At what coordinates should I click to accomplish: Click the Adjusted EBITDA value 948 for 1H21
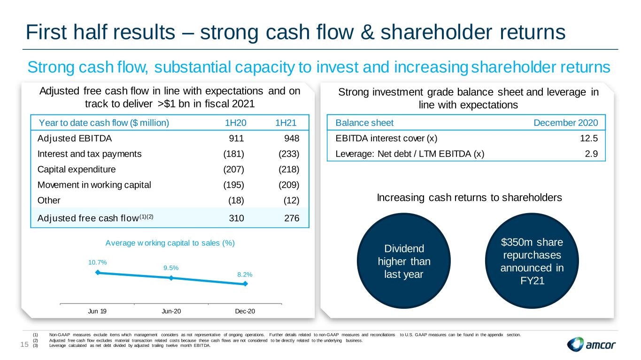click(292, 138)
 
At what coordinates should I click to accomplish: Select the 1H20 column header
click(236, 123)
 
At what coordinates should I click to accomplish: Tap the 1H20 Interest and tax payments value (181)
click(233, 154)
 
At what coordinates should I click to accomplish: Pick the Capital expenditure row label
click(77, 169)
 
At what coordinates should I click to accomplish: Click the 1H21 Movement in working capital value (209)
click(289, 185)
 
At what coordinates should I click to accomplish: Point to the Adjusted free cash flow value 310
click(236, 218)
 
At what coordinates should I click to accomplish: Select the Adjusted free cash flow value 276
click(292, 218)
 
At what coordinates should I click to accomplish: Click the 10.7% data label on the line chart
click(97, 262)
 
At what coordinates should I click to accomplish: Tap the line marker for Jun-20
click(171, 278)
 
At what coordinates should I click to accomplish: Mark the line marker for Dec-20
click(245, 283)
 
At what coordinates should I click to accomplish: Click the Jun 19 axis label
click(97, 311)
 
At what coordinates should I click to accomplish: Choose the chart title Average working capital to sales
click(170, 243)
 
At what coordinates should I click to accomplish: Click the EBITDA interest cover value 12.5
click(589, 138)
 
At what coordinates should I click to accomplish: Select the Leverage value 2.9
click(591, 154)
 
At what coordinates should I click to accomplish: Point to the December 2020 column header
click(566, 123)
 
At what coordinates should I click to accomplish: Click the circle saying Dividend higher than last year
click(404, 261)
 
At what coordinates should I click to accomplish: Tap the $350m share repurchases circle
click(532, 261)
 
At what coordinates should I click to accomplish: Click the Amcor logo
click(591, 344)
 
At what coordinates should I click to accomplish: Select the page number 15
click(24, 345)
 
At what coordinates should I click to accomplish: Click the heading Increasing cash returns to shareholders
click(469, 198)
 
